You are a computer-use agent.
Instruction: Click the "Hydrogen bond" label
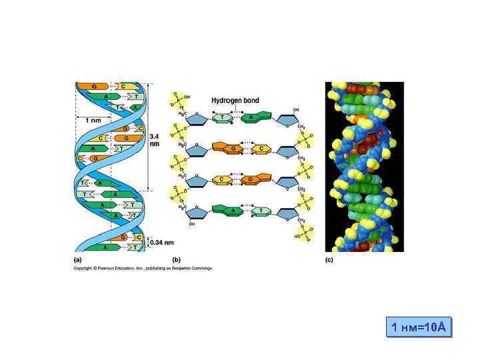click(235, 101)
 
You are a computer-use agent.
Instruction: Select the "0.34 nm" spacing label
click(160, 242)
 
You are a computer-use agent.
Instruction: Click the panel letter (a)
click(77, 259)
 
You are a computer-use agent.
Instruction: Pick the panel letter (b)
click(177, 259)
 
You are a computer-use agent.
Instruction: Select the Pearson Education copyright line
click(143, 268)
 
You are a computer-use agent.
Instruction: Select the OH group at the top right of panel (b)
click(295, 109)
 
